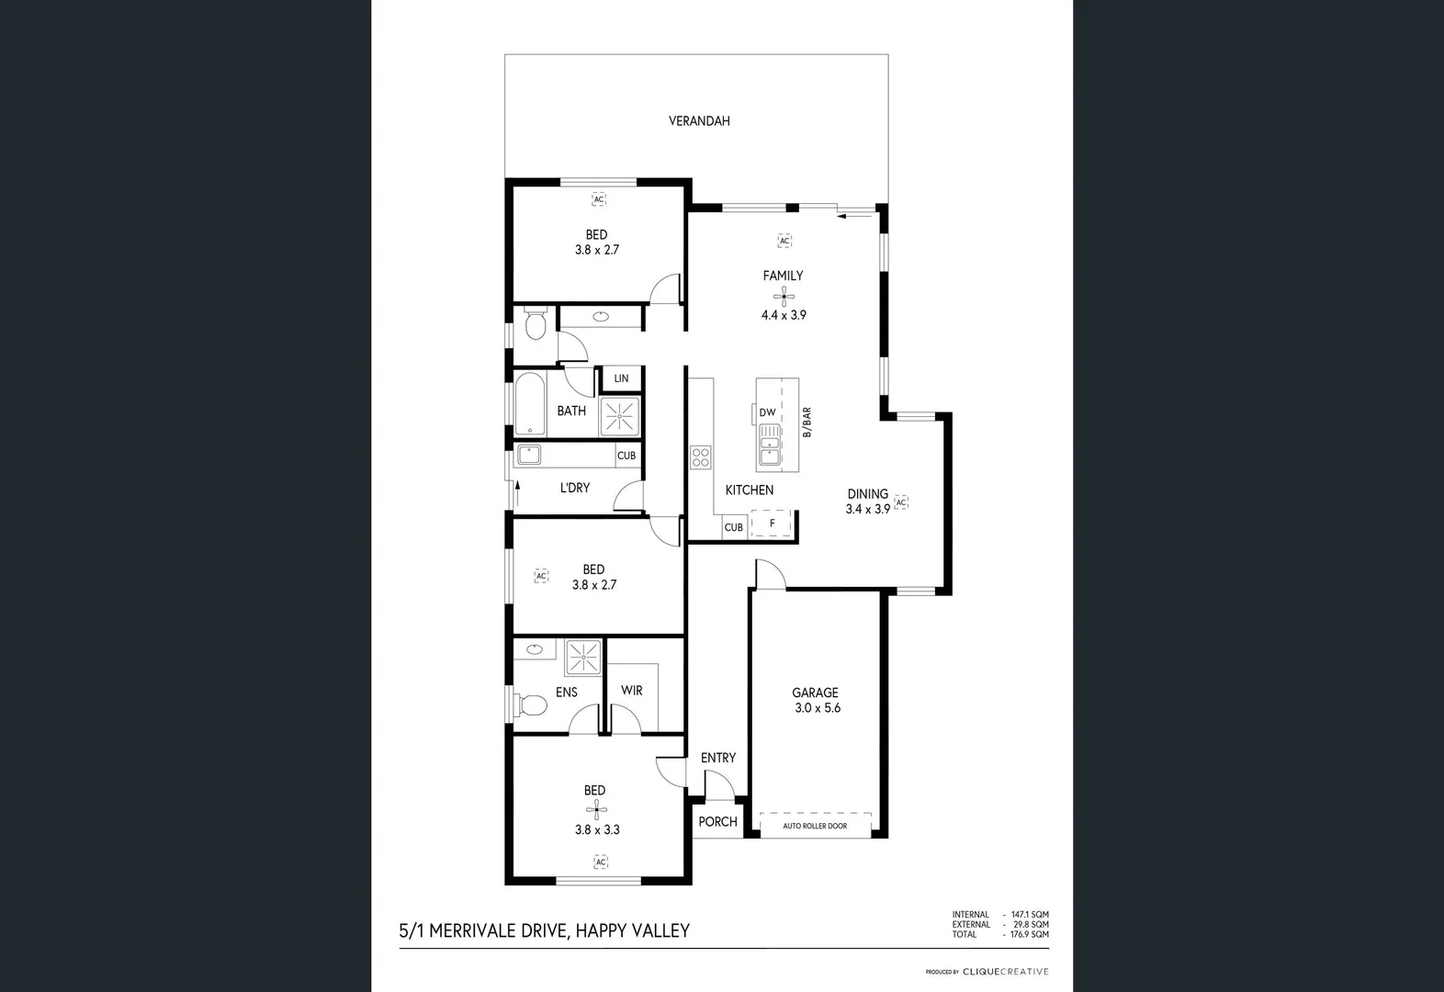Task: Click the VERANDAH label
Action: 699,120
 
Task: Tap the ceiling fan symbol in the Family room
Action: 784,295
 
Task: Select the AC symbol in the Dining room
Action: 901,502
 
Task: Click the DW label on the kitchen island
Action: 767,412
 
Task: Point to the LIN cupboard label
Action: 622,378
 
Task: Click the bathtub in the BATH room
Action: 529,404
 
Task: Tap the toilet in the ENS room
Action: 532,705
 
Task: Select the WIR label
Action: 631,690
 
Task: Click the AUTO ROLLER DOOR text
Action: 815,826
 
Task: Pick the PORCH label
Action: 717,821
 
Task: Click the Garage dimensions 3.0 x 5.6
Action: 818,708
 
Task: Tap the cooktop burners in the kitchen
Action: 701,457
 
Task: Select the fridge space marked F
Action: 772,524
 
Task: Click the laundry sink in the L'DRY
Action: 529,454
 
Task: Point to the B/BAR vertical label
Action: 807,422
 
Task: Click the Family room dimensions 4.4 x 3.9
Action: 784,314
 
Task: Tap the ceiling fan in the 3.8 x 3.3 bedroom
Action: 596,810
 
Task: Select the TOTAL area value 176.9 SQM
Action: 1030,934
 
